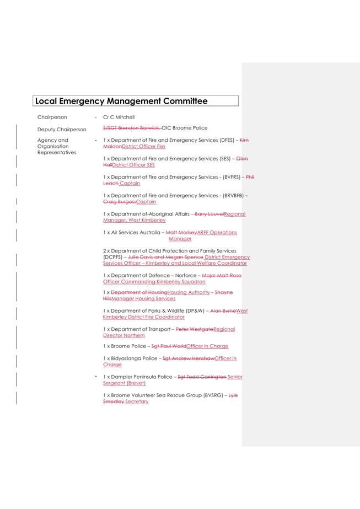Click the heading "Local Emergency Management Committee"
pos(121,101)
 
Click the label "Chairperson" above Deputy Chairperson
pos(52,117)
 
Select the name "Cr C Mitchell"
pos(119,117)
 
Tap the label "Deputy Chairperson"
pos(62,130)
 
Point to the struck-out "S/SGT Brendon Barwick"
pos(131,128)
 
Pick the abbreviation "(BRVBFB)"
pos(233,195)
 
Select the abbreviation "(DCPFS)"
pos(113,257)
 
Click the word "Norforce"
pos(185,275)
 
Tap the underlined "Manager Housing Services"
pos(143,299)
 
